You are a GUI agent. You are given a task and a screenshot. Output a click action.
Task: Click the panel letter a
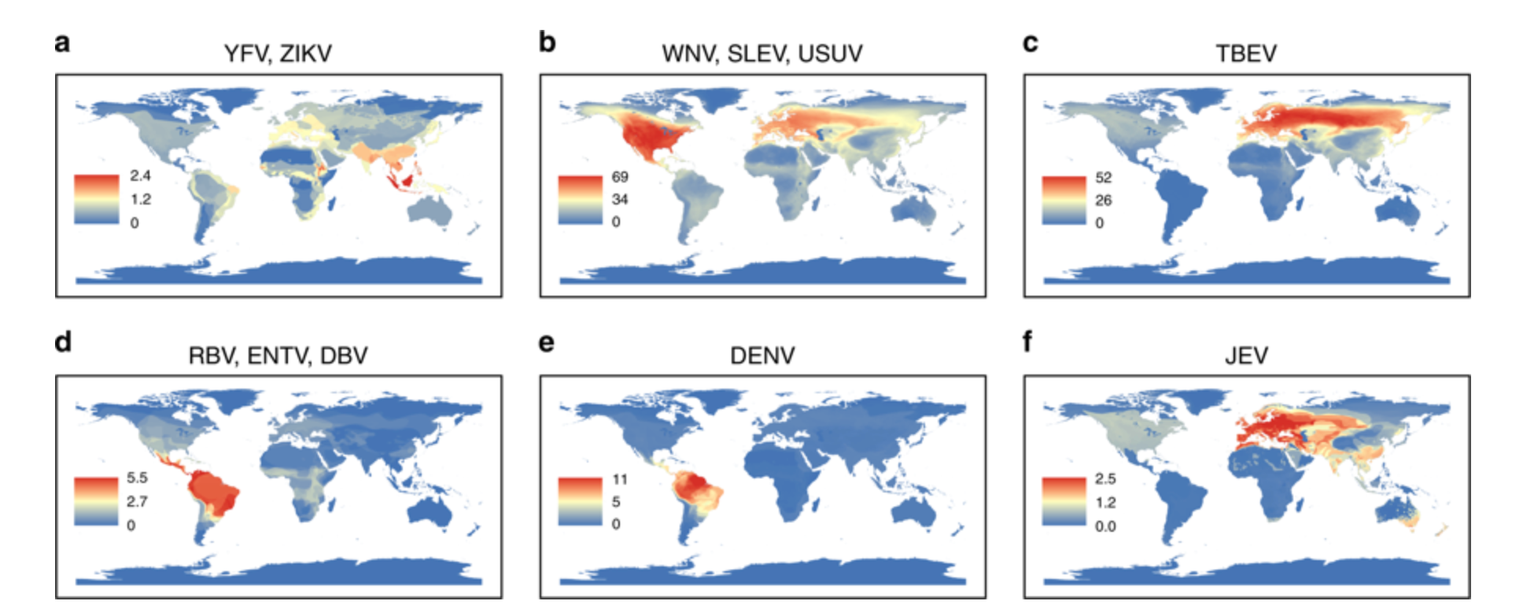[62, 42]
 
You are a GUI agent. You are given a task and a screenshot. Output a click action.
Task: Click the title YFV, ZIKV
[278, 53]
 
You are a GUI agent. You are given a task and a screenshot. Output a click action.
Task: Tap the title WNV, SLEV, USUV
[761, 53]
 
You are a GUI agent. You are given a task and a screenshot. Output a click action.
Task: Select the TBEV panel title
[1246, 53]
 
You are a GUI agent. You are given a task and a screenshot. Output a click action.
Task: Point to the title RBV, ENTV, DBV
[278, 356]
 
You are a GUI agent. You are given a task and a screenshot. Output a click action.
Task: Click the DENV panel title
[761, 356]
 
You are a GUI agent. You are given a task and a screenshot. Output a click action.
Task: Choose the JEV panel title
[1246, 356]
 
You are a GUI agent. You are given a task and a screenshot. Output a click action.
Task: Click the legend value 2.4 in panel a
[140, 175]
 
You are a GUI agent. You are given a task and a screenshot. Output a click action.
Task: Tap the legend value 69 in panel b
[620, 177]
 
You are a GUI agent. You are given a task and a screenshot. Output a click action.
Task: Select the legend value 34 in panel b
[620, 199]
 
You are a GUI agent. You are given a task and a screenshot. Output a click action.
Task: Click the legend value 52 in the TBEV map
[1103, 178]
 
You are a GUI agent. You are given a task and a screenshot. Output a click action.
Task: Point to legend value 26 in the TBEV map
[1103, 200]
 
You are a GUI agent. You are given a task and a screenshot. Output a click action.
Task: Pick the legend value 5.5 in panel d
[137, 477]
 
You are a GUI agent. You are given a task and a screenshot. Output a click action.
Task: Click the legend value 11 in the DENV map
[620, 479]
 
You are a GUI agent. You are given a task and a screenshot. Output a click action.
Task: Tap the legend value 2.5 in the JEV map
[1105, 478]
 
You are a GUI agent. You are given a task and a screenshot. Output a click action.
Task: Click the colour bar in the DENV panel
[580, 501]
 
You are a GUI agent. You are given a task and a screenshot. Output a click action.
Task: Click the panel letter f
[1027, 342]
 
